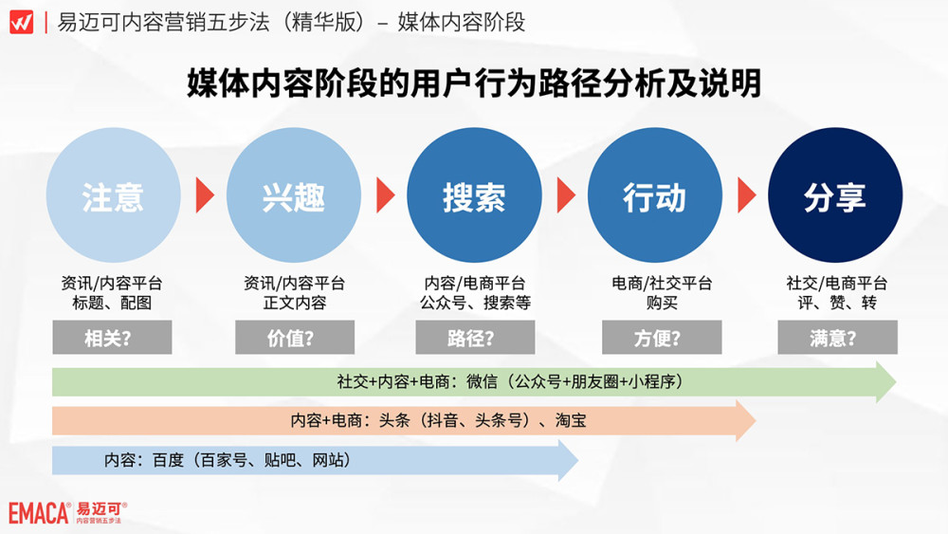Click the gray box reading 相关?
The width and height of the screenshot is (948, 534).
click(x=112, y=338)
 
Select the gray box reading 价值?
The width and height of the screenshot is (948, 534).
click(x=294, y=338)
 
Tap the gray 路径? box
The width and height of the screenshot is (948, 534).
click(x=474, y=338)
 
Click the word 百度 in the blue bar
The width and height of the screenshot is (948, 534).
click(x=171, y=460)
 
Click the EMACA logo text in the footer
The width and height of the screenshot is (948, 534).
click(x=38, y=513)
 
